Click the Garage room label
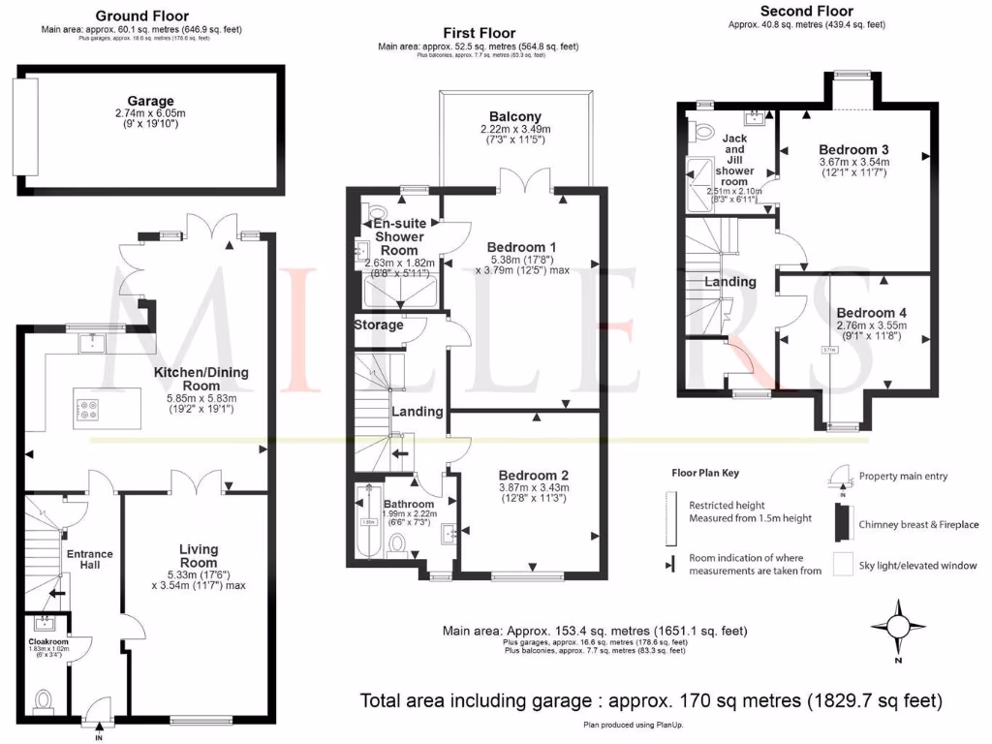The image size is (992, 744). pyautogui.click(x=150, y=101)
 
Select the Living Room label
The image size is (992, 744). pyautogui.click(x=199, y=556)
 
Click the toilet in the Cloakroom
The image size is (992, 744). pyautogui.click(x=42, y=698)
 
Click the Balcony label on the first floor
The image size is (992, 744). pyautogui.click(x=514, y=116)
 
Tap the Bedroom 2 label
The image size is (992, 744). pyautogui.click(x=532, y=475)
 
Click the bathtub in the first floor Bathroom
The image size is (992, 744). pyautogui.click(x=366, y=523)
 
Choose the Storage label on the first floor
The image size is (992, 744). pyautogui.click(x=378, y=325)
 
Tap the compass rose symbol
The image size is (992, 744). pyautogui.click(x=898, y=627)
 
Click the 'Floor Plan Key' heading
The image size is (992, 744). pyautogui.click(x=705, y=474)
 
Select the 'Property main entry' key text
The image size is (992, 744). pyautogui.click(x=903, y=477)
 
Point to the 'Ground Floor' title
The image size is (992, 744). pyautogui.click(x=142, y=16)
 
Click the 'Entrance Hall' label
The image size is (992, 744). pyautogui.click(x=89, y=560)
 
